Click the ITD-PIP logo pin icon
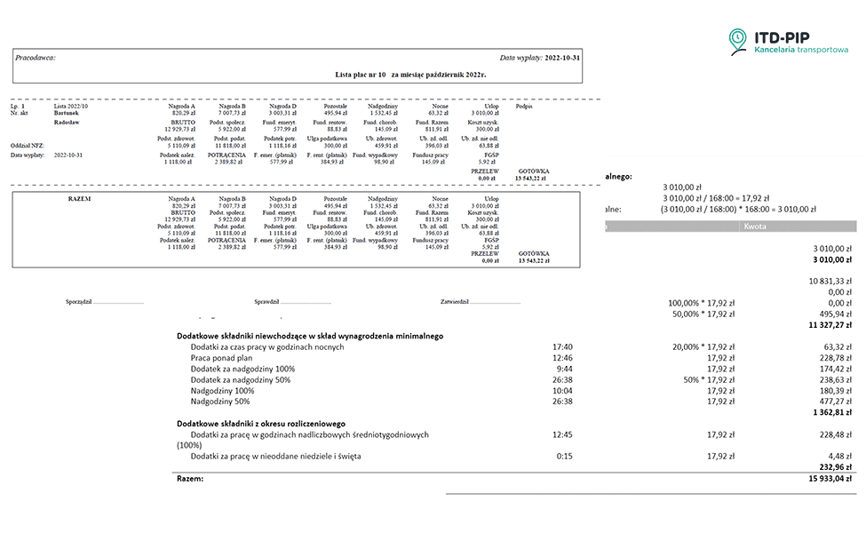pyautogui.click(x=737, y=41)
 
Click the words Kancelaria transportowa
pyautogui.click(x=800, y=51)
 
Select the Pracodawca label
pyautogui.click(x=35, y=57)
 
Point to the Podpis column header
pyautogui.click(x=524, y=105)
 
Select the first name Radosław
pyautogui.click(x=68, y=123)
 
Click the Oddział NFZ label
pyautogui.click(x=28, y=145)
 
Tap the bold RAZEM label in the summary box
pyautogui.click(x=80, y=198)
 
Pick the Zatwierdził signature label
pyautogui.click(x=456, y=302)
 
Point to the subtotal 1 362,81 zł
pyautogui.click(x=826, y=413)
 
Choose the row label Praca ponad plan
pyautogui.click(x=222, y=358)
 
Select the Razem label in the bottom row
pyautogui.click(x=190, y=479)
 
